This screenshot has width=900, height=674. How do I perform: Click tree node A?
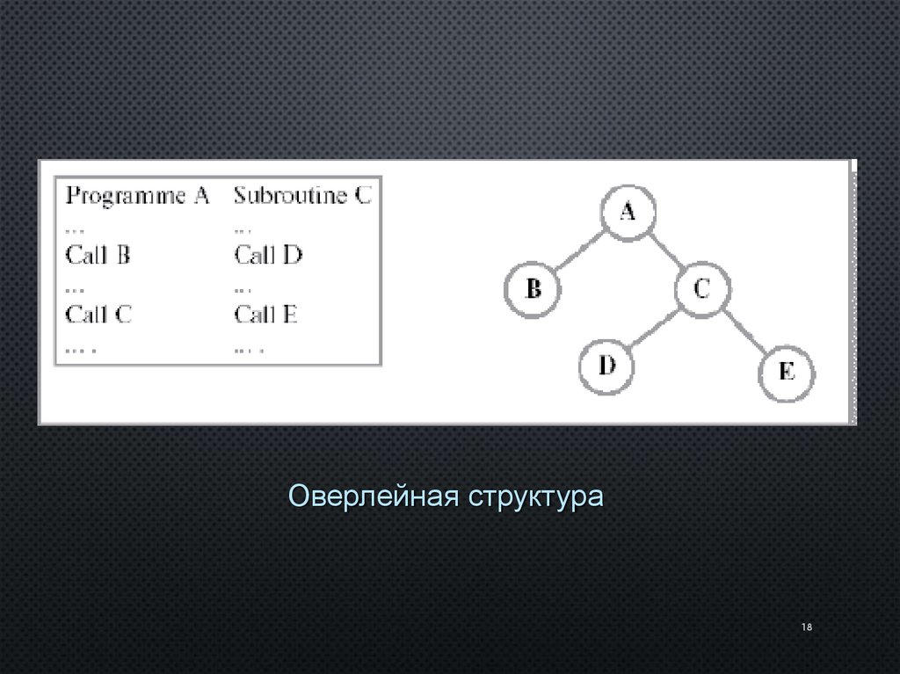tap(628, 212)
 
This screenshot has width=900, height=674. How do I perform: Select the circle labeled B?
tap(533, 288)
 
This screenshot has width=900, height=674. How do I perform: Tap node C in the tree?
tap(701, 289)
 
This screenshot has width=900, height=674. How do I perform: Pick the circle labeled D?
tap(606, 366)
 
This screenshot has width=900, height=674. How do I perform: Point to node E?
tap(786, 372)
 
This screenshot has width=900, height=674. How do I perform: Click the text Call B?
tap(98, 256)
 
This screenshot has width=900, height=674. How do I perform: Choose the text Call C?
tap(98, 314)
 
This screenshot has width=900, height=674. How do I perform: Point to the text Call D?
tap(268, 256)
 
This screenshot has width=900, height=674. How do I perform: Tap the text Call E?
tap(266, 314)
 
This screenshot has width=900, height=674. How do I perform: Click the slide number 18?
tap(806, 627)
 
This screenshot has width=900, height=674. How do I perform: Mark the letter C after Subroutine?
tap(363, 195)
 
